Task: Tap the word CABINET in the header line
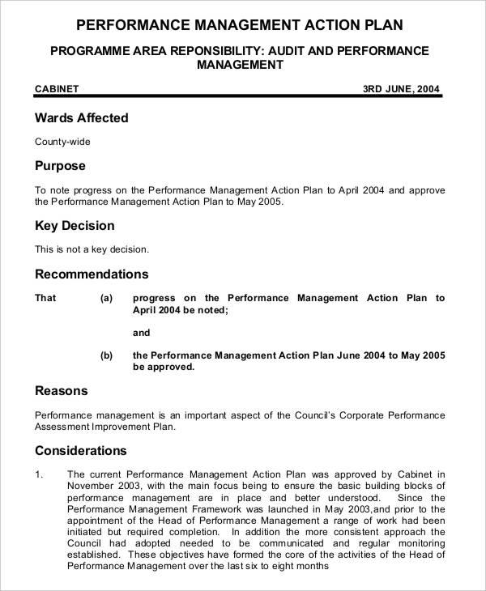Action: click(57, 89)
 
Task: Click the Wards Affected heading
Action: click(81, 118)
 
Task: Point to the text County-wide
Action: click(62, 142)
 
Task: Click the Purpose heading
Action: click(59, 166)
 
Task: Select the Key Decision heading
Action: click(75, 226)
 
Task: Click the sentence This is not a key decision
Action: click(92, 249)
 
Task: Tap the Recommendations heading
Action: click(92, 274)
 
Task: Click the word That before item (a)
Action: click(45, 298)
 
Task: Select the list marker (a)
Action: click(106, 298)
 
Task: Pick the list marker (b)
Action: click(106, 355)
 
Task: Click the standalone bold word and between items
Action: click(141, 333)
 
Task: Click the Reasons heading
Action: click(61, 391)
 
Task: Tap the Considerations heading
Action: click(81, 451)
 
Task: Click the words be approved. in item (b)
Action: click(164, 367)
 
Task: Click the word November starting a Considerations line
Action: click(91, 486)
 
